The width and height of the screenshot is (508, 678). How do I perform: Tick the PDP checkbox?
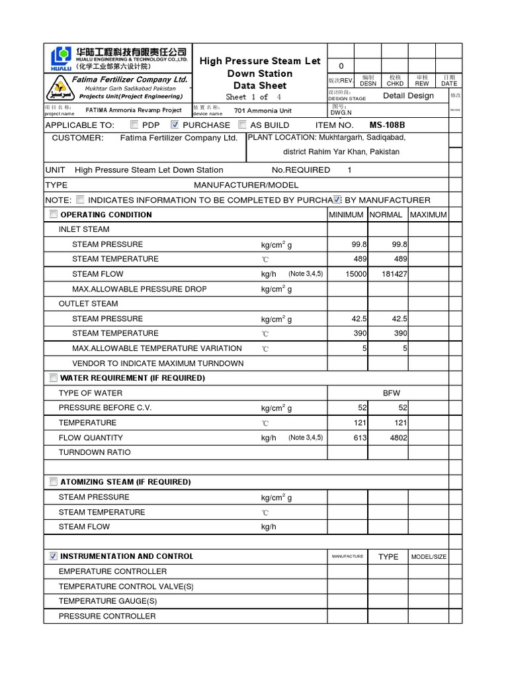(135, 124)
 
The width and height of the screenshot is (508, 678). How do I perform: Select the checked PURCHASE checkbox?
(175, 124)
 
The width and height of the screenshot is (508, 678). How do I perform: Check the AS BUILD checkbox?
(242, 124)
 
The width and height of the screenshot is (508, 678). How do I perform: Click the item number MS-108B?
(387, 125)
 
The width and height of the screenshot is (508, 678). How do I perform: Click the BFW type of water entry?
(392, 393)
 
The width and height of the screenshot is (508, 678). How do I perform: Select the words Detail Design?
(408, 95)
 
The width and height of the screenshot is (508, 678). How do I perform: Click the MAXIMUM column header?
(428, 215)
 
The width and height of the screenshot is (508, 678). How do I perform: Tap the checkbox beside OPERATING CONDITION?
(53, 215)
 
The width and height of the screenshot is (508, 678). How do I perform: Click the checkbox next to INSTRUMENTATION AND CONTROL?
(53, 556)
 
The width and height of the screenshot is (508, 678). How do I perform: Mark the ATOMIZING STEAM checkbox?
(53, 481)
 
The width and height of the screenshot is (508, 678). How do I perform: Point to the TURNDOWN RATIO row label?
(95, 452)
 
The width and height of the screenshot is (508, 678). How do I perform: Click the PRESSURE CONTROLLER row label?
(107, 616)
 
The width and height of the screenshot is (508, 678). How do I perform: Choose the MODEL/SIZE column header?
(428, 557)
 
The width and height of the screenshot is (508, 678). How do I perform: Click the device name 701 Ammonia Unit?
(263, 111)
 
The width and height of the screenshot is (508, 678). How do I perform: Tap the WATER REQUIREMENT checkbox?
(53, 377)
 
